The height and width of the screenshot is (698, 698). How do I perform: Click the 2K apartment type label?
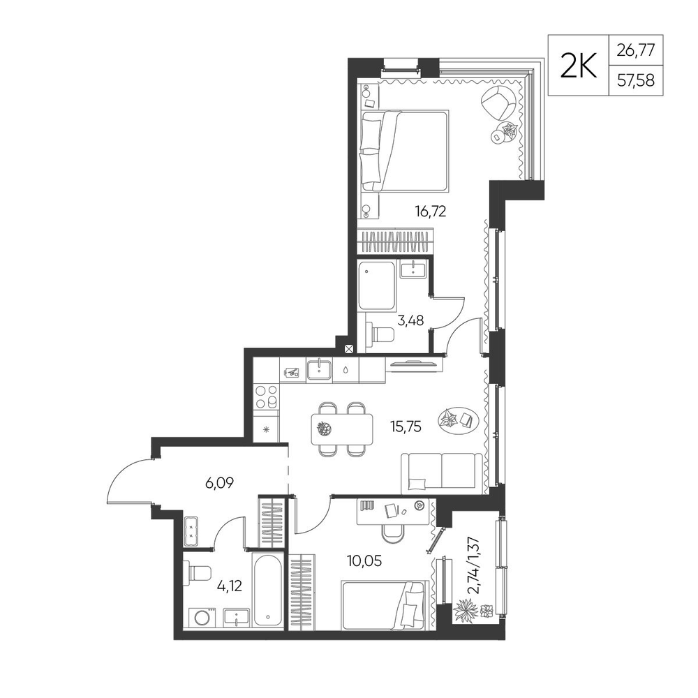point(578,66)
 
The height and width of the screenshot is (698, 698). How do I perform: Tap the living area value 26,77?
point(636,50)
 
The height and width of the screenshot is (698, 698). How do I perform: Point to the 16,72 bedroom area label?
point(431,211)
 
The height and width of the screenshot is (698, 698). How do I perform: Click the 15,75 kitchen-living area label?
point(406,427)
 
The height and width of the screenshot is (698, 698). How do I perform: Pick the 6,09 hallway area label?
point(219,482)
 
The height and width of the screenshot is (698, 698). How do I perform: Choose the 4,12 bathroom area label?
point(229,586)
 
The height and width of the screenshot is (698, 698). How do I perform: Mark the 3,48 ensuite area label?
point(410,320)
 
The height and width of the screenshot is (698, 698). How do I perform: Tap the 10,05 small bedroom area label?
point(364,561)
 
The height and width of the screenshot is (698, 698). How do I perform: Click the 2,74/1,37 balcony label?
point(475,565)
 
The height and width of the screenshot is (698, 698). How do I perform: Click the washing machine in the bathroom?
point(203,618)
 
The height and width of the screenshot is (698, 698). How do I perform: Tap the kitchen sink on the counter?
point(319,370)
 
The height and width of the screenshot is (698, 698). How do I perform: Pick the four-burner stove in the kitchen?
point(266,398)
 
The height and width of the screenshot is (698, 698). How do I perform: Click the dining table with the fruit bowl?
point(342,429)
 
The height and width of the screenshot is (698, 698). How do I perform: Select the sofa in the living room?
point(442,474)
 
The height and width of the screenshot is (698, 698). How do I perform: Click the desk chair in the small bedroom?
point(394,533)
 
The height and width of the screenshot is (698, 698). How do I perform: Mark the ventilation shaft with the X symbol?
point(349,349)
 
